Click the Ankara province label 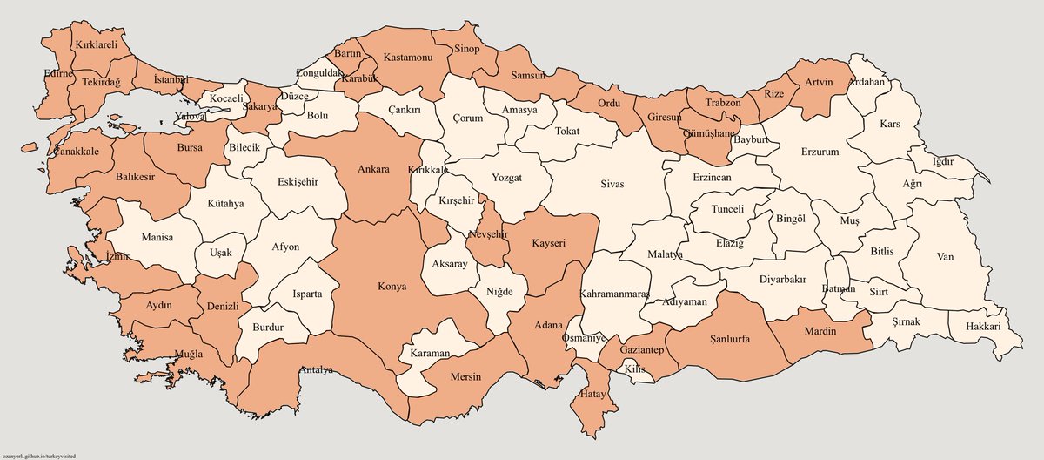click(373, 170)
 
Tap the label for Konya click(391, 287)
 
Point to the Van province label click(946, 257)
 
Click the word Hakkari click(982, 327)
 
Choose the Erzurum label click(815, 152)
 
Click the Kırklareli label click(97, 44)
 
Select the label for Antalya click(317, 370)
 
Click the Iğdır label click(943, 162)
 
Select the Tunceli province click(728, 210)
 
